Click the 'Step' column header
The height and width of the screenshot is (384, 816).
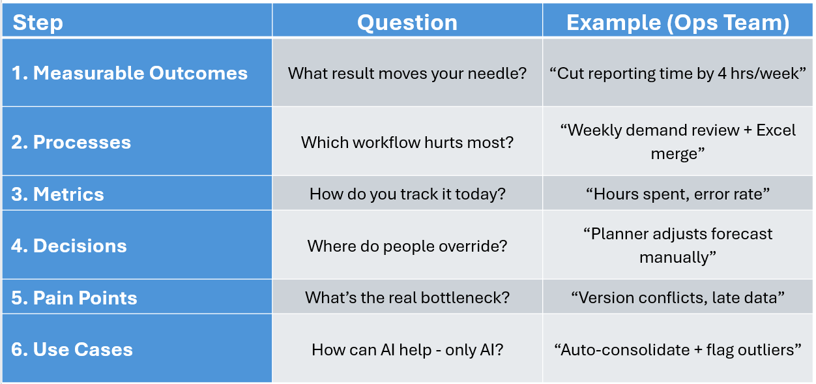click(38, 22)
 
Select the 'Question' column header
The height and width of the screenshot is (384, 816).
click(407, 22)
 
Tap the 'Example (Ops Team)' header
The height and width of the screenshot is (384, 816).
click(678, 22)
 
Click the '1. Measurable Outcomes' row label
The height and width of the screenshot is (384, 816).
click(129, 73)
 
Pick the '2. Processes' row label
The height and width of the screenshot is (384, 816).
click(71, 142)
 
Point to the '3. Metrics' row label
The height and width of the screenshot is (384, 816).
click(57, 194)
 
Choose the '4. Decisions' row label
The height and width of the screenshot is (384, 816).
click(68, 246)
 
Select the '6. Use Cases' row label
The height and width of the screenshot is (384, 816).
click(72, 349)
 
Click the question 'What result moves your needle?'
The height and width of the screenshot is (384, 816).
click(407, 73)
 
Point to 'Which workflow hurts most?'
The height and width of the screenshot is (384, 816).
click(407, 142)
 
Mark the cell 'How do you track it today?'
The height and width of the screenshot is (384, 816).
click(407, 194)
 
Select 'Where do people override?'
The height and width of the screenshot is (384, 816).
click(407, 246)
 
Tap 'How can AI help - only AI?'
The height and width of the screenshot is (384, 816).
click(407, 349)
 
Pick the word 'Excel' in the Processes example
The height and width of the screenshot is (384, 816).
click(776, 130)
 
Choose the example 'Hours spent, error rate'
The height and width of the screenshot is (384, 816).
click(678, 194)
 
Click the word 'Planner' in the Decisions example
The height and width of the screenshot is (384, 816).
click(617, 233)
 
